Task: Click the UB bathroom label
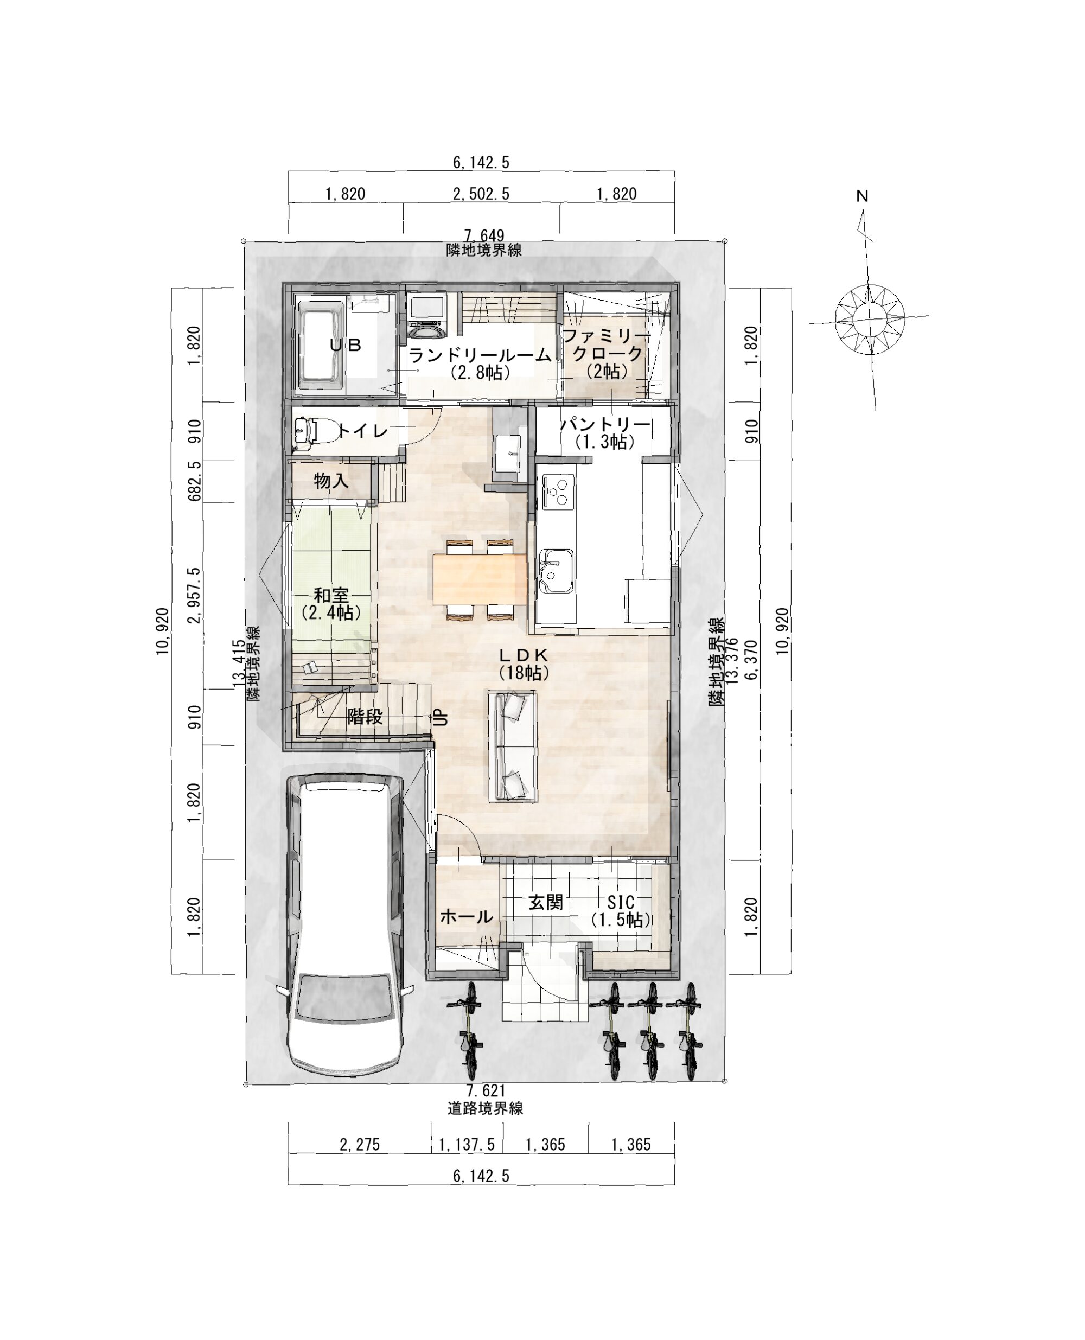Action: click(346, 344)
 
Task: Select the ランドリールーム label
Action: click(480, 356)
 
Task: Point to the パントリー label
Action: click(605, 424)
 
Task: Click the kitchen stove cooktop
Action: click(558, 490)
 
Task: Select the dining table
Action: click(480, 579)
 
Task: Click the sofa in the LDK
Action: click(513, 746)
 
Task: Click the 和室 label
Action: click(331, 595)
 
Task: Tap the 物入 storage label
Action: click(331, 481)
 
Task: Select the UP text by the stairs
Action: click(441, 716)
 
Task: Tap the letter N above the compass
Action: click(863, 196)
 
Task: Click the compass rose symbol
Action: click(870, 320)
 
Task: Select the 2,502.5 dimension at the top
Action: click(481, 194)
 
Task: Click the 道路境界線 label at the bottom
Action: click(485, 1108)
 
